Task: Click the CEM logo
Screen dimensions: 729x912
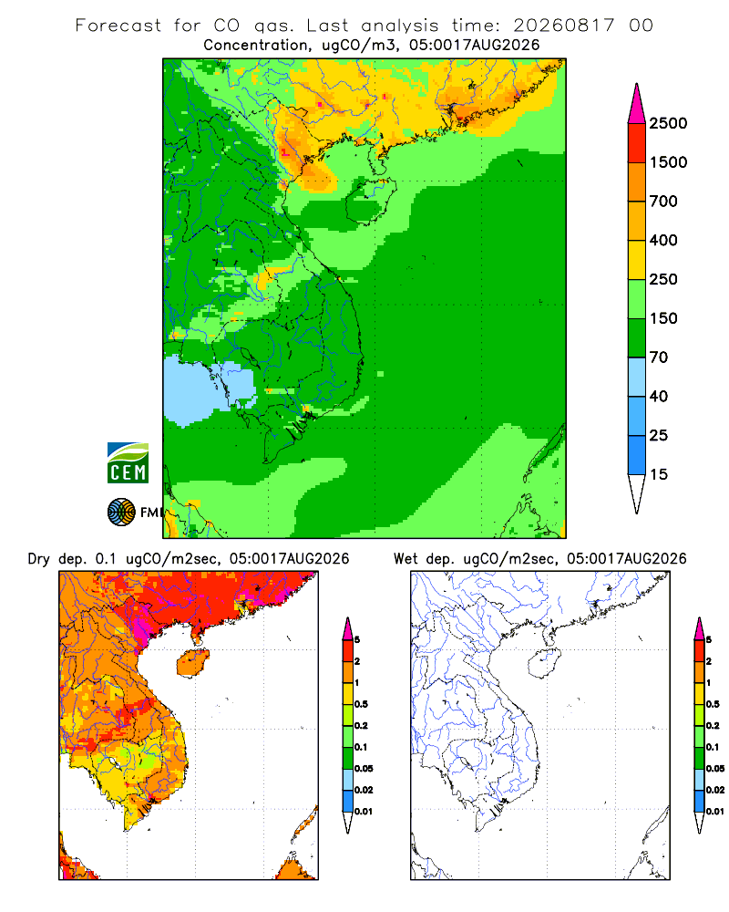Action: [x=128, y=462]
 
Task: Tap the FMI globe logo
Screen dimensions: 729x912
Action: [x=121, y=513]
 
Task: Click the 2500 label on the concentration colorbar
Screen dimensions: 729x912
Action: [x=668, y=123]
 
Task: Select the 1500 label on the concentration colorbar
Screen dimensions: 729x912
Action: [x=668, y=162]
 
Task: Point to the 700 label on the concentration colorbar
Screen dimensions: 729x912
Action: [x=663, y=202]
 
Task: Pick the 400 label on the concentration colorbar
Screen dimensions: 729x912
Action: [x=663, y=240]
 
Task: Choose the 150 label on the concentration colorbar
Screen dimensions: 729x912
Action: [x=663, y=318]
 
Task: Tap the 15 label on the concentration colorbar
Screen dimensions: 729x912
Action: [x=659, y=474]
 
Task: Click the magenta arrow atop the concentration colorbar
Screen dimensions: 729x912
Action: [x=637, y=104]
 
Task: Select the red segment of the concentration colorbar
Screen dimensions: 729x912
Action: [x=637, y=143]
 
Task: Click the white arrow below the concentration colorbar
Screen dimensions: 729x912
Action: [x=637, y=493]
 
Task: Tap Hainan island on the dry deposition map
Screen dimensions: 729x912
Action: [x=192, y=662]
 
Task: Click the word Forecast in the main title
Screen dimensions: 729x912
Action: [x=118, y=25]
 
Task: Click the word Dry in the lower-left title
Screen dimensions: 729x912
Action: [x=39, y=559]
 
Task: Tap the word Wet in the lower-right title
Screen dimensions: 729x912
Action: [x=406, y=559]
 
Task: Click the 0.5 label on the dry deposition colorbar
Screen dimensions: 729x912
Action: [x=361, y=704]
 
